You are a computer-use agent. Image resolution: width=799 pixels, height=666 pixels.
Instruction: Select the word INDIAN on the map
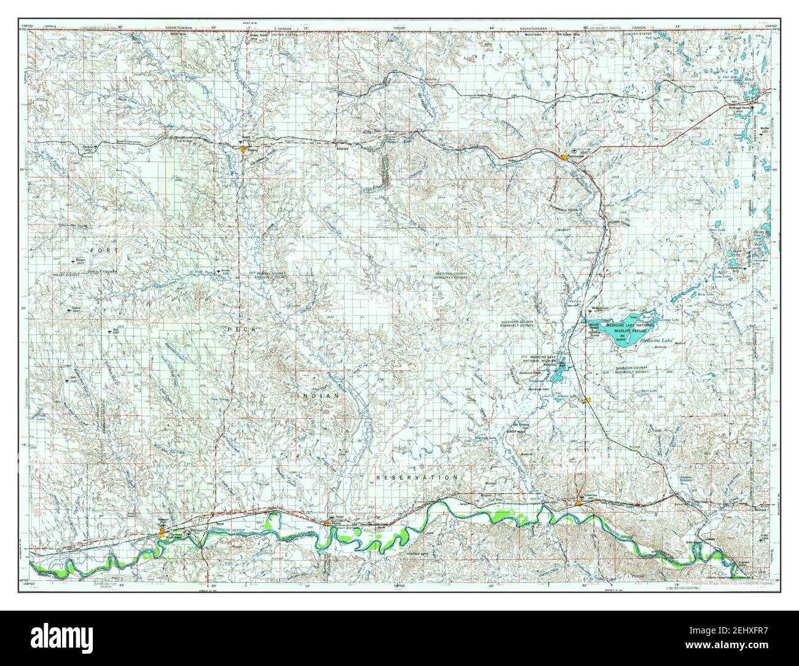(318, 397)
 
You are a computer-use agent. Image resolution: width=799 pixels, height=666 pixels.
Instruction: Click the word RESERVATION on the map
(417, 477)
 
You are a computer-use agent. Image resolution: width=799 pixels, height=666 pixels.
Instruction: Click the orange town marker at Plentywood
(564, 158)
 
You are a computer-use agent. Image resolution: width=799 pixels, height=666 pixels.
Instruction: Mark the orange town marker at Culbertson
(578, 505)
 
